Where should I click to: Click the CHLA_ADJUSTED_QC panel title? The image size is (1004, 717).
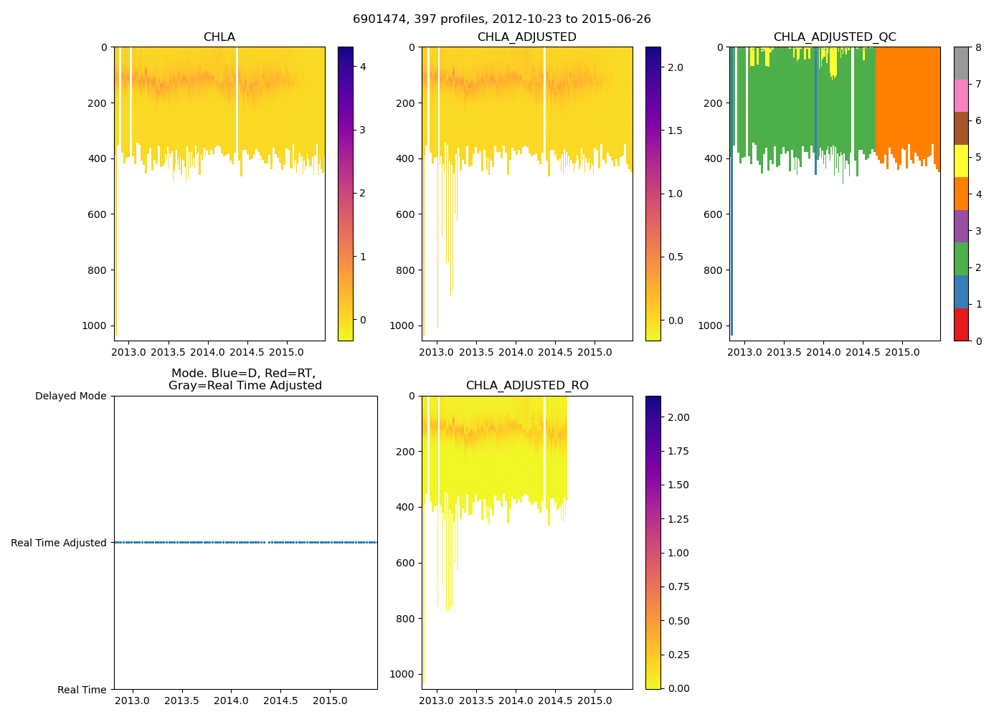pyautogui.click(x=835, y=37)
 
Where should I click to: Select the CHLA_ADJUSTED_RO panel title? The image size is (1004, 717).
pyautogui.click(x=527, y=386)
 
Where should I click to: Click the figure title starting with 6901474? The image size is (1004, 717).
pyautogui.click(x=502, y=19)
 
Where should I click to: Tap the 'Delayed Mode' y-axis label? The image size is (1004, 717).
pyautogui.click(x=70, y=396)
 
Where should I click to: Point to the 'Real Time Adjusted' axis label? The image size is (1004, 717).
pyautogui.click(x=59, y=543)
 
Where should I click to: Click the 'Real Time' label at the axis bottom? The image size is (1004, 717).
pyautogui.click(x=82, y=690)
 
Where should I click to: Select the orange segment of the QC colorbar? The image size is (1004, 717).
pyautogui.click(x=961, y=194)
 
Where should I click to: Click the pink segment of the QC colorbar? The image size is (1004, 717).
pyautogui.click(x=961, y=95)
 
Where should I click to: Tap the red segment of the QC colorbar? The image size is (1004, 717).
pyautogui.click(x=961, y=324)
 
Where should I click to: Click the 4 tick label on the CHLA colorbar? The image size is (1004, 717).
pyautogui.click(x=363, y=67)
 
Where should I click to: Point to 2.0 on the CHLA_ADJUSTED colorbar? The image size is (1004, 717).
pyautogui.click(x=676, y=67)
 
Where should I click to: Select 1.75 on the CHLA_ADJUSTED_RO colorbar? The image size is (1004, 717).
pyautogui.click(x=676, y=451)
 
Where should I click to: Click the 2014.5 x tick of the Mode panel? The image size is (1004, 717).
pyautogui.click(x=280, y=701)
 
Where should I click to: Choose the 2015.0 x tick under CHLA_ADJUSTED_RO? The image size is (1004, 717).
pyautogui.click(x=595, y=701)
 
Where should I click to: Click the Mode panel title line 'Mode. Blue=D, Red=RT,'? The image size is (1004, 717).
pyautogui.click(x=244, y=374)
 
